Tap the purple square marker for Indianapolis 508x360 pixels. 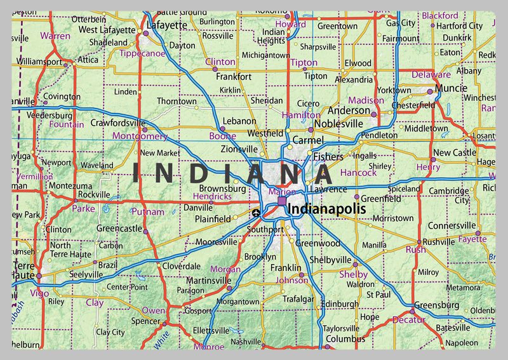282,201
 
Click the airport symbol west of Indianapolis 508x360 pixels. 256,213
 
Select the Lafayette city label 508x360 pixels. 167,25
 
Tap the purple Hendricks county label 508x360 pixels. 211,197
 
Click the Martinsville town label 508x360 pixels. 208,280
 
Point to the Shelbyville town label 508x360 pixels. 330,260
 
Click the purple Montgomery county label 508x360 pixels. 140,136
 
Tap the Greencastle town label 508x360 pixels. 119,228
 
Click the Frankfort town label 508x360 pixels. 234,77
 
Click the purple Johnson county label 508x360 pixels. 293,280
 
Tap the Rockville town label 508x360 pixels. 94,194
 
